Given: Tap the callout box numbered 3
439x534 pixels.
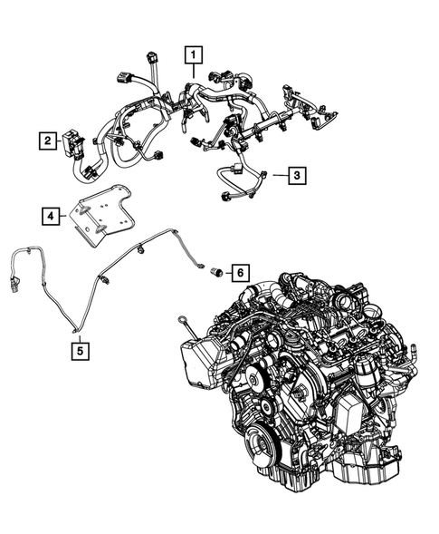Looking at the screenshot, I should click(297, 175).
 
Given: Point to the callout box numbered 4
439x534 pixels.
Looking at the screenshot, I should click(52, 216).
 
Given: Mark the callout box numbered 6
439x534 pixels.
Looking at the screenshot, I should click(239, 271).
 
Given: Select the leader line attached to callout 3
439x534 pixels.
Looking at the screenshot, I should click(276, 175).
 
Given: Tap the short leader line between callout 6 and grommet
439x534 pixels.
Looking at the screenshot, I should click(226, 271).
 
